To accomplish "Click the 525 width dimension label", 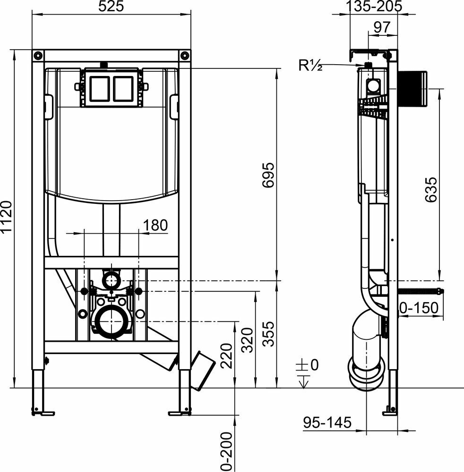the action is click(x=111, y=6).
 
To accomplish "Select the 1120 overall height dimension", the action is click(x=6, y=217).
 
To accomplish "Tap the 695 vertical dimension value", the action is click(x=268, y=175).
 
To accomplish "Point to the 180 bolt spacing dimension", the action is click(x=155, y=225).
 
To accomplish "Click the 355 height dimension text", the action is click(x=268, y=334).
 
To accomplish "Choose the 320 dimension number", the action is click(x=248, y=340).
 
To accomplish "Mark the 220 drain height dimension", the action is click(x=227, y=356).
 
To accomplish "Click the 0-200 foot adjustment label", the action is click(x=227, y=452).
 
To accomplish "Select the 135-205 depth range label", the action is click(x=374, y=6).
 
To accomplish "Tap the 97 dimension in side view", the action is click(x=382, y=27).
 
